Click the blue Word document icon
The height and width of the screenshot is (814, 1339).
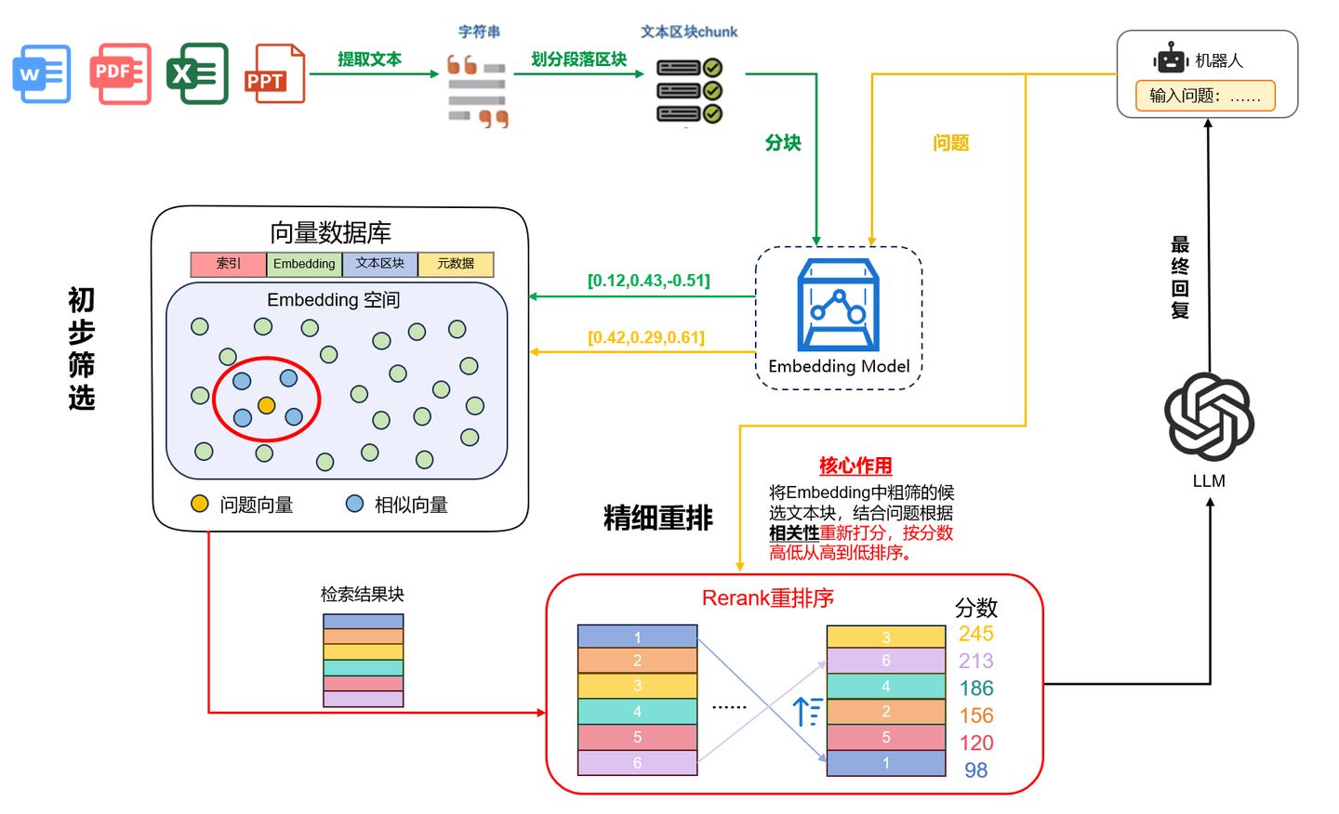pyautogui.click(x=42, y=73)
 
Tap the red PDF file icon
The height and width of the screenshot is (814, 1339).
pyautogui.click(x=120, y=73)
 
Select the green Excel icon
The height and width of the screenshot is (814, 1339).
pyautogui.click(x=197, y=73)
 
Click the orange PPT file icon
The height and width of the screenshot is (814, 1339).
pyautogui.click(x=275, y=73)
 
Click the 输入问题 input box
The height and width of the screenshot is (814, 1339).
pyautogui.click(x=1205, y=96)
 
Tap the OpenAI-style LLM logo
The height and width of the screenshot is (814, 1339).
pyautogui.click(x=1209, y=416)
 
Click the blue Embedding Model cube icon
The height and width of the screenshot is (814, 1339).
pyautogui.click(x=838, y=305)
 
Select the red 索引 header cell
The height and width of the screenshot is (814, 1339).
pyautogui.click(x=229, y=264)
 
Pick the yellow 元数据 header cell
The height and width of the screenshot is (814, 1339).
pyautogui.click(x=456, y=264)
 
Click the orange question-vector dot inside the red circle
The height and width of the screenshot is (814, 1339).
pyautogui.click(x=267, y=405)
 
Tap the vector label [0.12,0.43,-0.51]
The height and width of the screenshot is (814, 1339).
pyautogui.click(x=649, y=280)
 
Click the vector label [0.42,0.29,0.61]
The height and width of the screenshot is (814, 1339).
pyautogui.click(x=646, y=337)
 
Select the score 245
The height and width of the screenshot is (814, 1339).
pyautogui.click(x=975, y=633)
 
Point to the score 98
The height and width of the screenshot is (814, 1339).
pyautogui.click(x=975, y=769)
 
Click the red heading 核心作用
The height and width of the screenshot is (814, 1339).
pyautogui.click(x=855, y=466)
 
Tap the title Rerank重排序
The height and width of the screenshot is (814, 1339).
pyautogui.click(x=767, y=597)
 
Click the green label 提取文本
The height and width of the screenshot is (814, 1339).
pyautogui.click(x=369, y=59)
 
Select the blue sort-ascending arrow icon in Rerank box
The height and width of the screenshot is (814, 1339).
pyautogui.click(x=807, y=711)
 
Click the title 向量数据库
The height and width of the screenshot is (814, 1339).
pyautogui.click(x=331, y=232)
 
